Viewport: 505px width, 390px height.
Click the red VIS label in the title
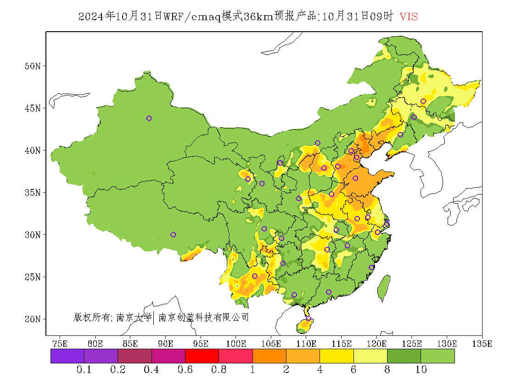coord(409,17)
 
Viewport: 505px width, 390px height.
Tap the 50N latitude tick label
coord(32,66)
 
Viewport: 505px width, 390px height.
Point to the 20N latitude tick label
coord(32,319)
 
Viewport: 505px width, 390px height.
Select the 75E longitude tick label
coord(60,344)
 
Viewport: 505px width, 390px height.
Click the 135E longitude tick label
coord(482,344)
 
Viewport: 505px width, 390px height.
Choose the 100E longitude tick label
coord(236,344)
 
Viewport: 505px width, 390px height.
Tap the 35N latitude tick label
coord(32,192)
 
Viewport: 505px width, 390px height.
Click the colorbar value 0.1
coord(84,370)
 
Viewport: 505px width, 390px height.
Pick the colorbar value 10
coord(421,370)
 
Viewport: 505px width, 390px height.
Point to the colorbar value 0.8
coord(219,370)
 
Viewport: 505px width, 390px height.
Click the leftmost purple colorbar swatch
coord(67,356)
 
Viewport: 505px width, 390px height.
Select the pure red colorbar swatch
coord(202,356)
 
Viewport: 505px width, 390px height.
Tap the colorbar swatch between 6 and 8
coord(370,356)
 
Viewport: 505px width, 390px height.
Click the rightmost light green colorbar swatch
coord(438,356)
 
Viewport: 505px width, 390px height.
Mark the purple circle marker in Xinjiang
coord(149,118)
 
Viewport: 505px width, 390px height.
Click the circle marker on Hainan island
coord(309,319)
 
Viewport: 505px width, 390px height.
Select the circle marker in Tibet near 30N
coord(173,234)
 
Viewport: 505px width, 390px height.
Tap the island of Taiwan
coord(384,288)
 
